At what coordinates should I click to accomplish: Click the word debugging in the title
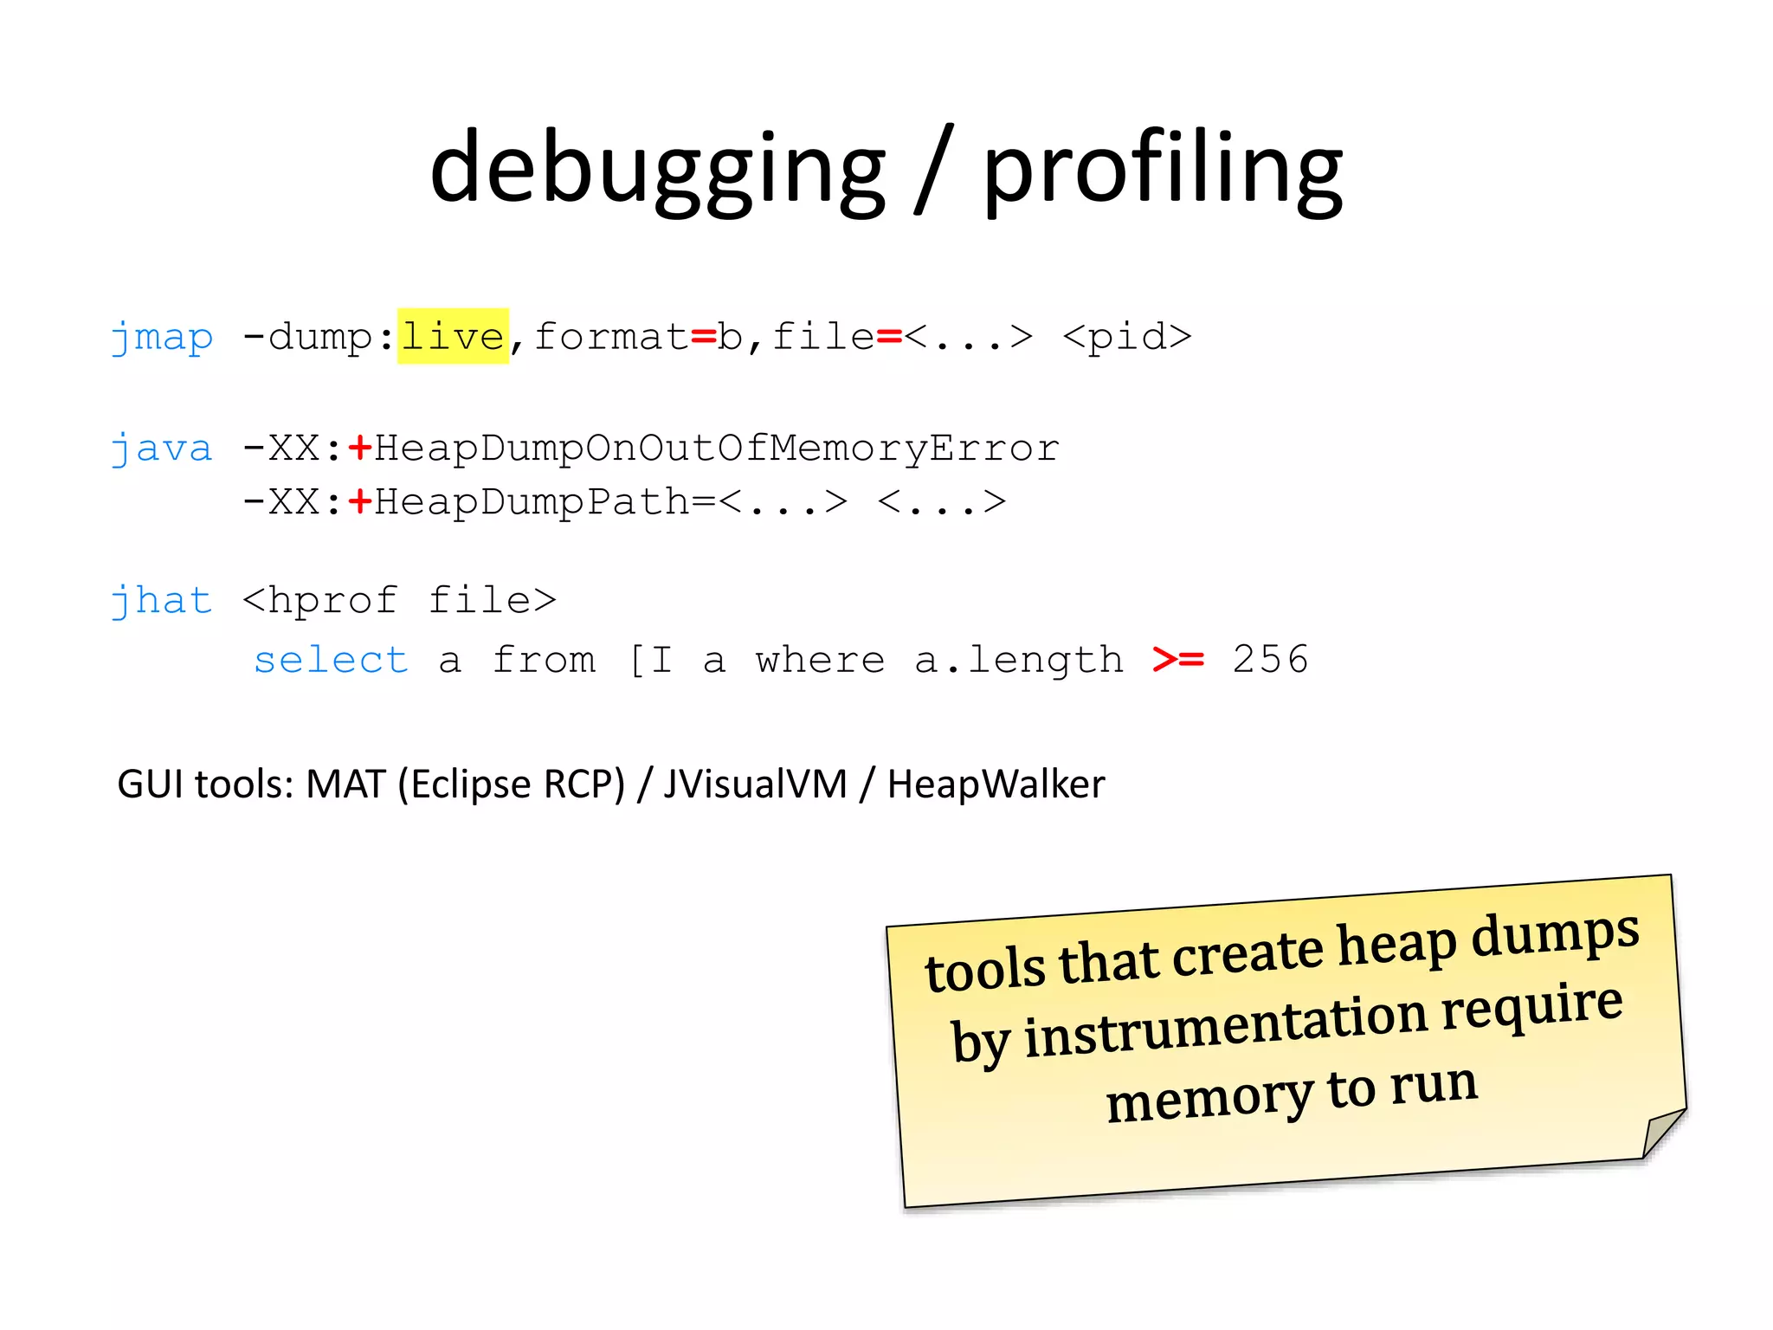tap(658, 169)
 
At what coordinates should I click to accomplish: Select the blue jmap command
tap(162, 337)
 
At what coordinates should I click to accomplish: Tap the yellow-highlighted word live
tap(453, 336)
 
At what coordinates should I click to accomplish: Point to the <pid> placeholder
tap(1127, 337)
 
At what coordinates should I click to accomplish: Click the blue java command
tap(162, 449)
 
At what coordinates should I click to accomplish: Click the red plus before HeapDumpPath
tap(359, 501)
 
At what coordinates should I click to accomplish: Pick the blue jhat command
tap(162, 600)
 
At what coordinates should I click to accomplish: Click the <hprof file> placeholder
tap(399, 600)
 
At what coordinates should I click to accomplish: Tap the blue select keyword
tap(331, 661)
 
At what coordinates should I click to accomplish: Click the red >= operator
tap(1178, 660)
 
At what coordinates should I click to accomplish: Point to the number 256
tap(1270, 660)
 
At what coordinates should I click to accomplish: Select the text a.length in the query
tap(1019, 661)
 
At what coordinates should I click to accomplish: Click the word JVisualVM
tap(755, 784)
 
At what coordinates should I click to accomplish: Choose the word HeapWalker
tap(996, 784)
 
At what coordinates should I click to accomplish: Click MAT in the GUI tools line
tap(345, 784)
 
